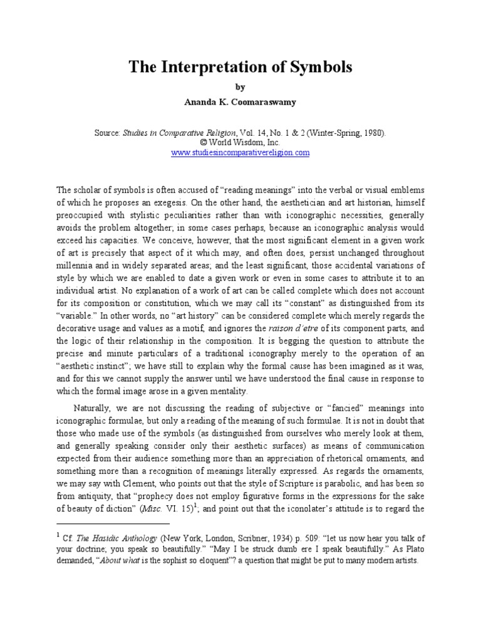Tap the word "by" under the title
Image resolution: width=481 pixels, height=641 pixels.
tap(240, 87)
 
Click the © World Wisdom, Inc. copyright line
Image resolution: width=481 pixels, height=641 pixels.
tap(240, 143)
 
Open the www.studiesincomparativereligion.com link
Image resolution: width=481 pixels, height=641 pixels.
tap(240, 153)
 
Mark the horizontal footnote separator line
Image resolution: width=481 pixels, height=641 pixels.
tap(113, 523)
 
